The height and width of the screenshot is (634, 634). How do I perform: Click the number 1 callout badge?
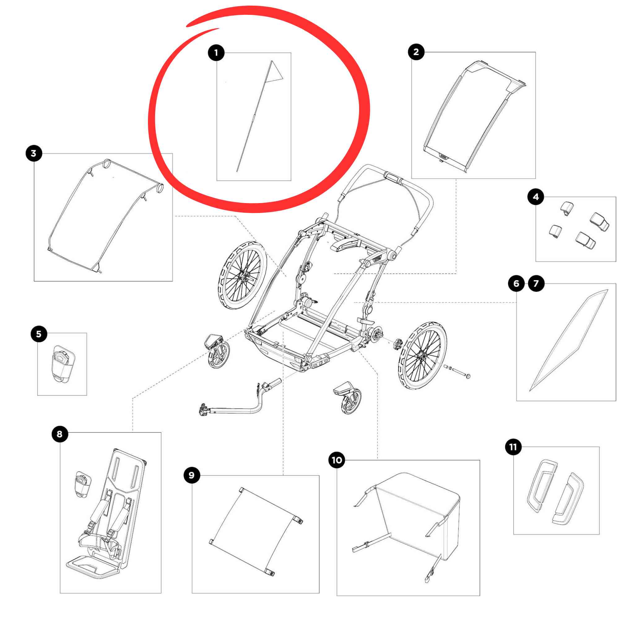pos(216,53)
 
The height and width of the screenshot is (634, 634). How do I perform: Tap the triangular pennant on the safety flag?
pos(275,72)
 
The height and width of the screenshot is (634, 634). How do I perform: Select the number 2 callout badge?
pos(416,52)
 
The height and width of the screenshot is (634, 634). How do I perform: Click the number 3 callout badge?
pos(34,153)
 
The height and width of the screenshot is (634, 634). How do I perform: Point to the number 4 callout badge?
pos(536,197)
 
